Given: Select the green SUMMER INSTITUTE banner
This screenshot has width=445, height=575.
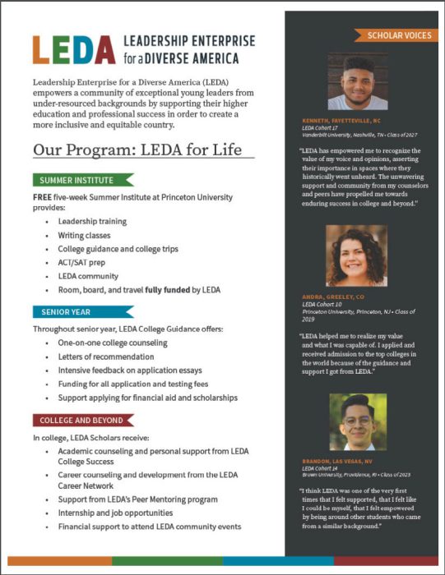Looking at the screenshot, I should click(82, 180).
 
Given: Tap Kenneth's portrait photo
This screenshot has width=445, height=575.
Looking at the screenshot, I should click(357, 81).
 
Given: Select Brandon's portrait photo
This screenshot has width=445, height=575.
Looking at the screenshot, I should click(357, 422).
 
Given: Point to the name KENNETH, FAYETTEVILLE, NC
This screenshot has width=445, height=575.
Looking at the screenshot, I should click(349, 120).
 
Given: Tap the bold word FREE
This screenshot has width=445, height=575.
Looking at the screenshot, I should click(42, 197).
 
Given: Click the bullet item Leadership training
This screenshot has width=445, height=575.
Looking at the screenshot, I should click(92, 222).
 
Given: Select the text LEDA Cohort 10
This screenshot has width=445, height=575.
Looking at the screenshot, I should click(322, 304).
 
